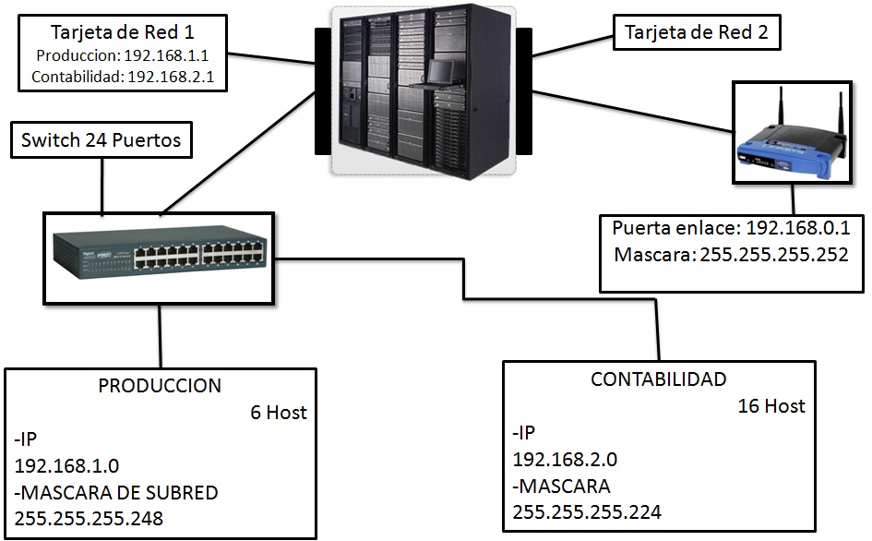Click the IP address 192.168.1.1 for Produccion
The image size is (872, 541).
(171, 55)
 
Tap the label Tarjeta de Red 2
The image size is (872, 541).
(697, 33)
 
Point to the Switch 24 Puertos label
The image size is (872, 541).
(101, 141)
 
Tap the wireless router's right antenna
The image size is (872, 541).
(840, 118)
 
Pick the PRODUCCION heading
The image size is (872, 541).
(160, 386)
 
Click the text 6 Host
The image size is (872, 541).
(279, 413)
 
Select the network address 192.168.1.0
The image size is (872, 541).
(66, 465)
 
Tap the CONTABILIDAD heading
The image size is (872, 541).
(658, 379)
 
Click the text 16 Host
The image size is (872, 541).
(771, 405)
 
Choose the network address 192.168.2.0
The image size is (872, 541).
(564, 459)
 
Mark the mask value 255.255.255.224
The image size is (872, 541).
(587, 511)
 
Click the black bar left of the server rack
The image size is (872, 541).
(322, 90)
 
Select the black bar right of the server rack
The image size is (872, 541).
(524, 90)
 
